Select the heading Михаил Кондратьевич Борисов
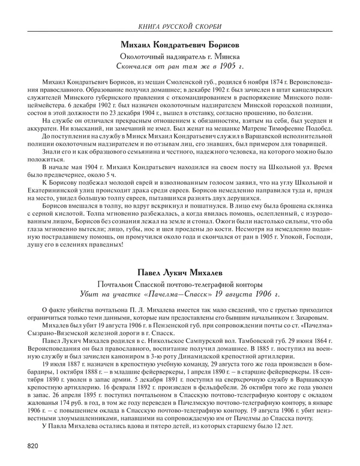179,46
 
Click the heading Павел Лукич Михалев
179,272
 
